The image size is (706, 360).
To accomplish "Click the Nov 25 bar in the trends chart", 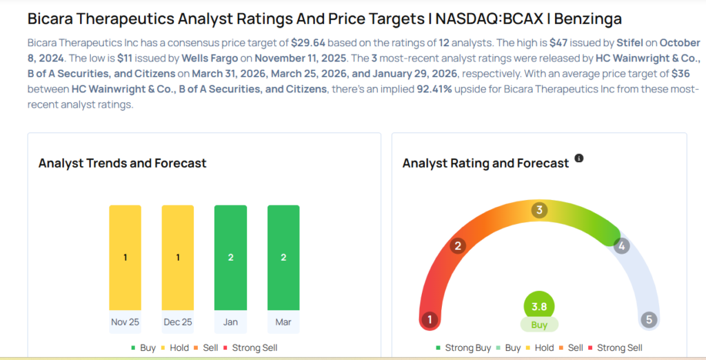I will point(125,257).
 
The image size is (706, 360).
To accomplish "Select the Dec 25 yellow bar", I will point(177,257).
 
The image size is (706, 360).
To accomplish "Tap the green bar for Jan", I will point(230,257).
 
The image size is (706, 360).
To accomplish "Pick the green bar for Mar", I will point(283,257).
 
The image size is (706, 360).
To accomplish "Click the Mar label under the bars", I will point(283,322).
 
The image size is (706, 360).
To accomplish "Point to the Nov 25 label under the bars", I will point(125,322).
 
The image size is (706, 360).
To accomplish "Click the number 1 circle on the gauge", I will point(430,319).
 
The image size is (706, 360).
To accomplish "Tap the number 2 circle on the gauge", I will point(457,246).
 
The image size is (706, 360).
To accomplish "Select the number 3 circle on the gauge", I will point(540,210).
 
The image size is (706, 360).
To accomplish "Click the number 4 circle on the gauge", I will point(622,246).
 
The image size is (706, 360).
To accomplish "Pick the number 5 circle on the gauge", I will point(648,319).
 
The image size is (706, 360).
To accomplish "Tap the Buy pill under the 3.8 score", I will point(539,325).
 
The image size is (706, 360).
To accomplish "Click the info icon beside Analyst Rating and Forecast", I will point(579,159).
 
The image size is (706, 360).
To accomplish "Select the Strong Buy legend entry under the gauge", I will point(463,348).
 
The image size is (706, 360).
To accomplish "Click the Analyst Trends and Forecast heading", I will point(123,163).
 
